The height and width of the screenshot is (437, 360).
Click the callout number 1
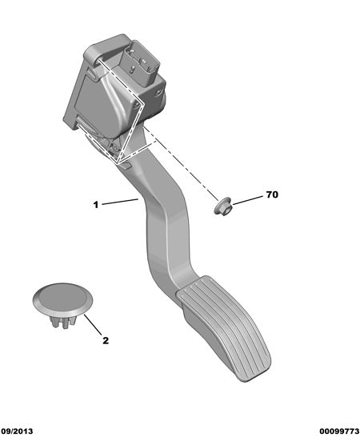pyautogui.click(x=96, y=205)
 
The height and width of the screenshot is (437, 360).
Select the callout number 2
pyautogui.click(x=106, y=340)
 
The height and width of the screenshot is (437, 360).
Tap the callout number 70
pyautogui.click(x=272, y=194)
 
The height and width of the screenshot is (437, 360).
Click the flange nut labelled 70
pyautogui.click(x=223, y=206)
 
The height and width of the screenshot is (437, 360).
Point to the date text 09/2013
pyautogui.click(x=17, y=431)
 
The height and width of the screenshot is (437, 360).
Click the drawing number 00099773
pyautogui.click(x=339, y=431)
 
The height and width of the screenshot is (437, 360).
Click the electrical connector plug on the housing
pyautogui.click(x=139, y=63)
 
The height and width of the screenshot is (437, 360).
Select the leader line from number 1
pyautogui.click(x=120, y=202)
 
